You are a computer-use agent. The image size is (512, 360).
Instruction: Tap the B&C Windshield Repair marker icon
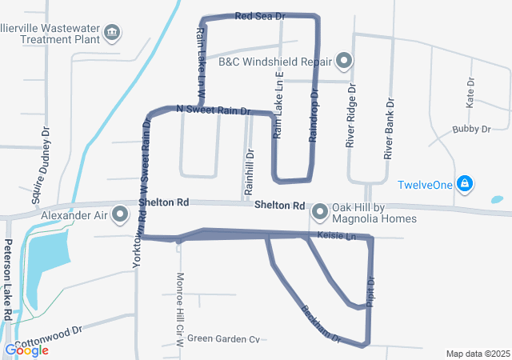pos(345,60)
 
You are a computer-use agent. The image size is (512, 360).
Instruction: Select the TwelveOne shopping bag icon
pos(465,184)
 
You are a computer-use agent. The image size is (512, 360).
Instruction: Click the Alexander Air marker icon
pos(121,214)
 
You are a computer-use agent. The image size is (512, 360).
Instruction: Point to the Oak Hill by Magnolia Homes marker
pos(320,212)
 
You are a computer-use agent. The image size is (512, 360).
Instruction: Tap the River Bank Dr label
pos(390,129)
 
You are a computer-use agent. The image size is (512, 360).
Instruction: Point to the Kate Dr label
pos(470,94)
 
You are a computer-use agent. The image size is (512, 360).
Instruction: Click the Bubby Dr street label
pos(471,129)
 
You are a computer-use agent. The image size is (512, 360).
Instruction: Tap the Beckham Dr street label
pos(322,322)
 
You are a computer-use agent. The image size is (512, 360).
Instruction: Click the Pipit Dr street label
pos(370,290)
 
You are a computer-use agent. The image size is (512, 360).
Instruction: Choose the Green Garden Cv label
pos(223,339)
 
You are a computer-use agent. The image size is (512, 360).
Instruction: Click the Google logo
pos(26,350)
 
